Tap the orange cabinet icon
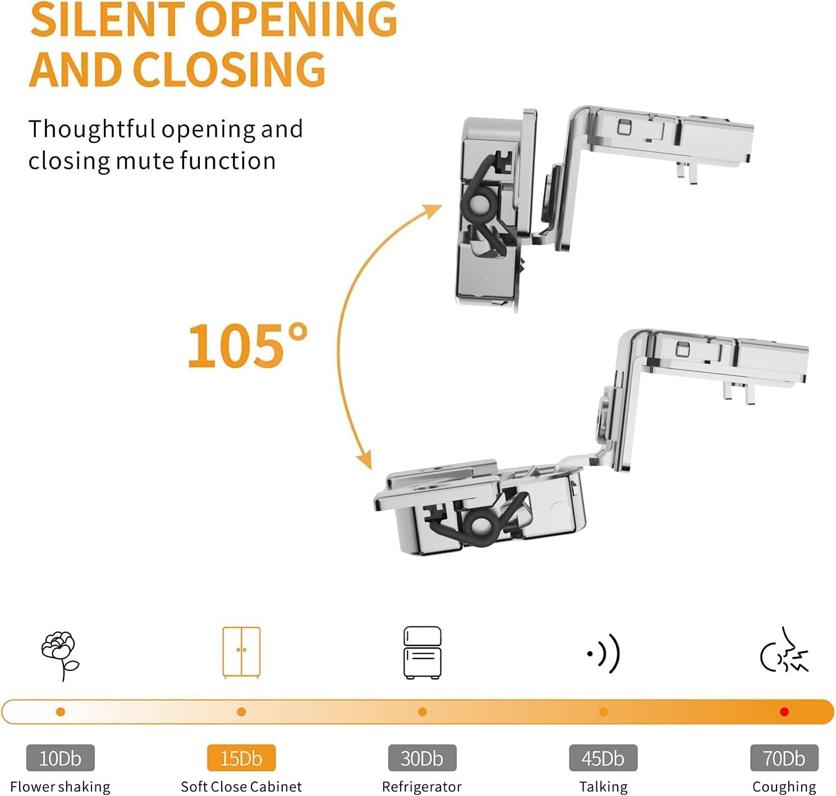click(241, 652)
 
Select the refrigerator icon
click(422, 652)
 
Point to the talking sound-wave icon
click(604, 654)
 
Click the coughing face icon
click(784, 651)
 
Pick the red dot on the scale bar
click(784, 712)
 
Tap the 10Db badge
click(60, 758)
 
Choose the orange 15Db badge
click(241, 758)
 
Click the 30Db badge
click(422, 758)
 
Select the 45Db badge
click(603, 758)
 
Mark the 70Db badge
click(784, 758)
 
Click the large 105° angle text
click(247, 345)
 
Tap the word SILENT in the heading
click(108, 19)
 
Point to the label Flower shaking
click(60, 786)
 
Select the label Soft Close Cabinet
click(241, 786)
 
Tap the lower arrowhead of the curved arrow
click(365, 459)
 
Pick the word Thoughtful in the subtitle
click(91, 129)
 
